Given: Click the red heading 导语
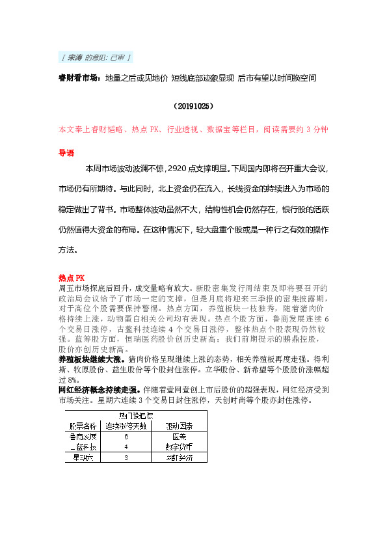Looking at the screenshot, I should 66,154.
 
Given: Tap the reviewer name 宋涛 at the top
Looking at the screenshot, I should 75,58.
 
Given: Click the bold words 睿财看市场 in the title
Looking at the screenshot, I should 77,78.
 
